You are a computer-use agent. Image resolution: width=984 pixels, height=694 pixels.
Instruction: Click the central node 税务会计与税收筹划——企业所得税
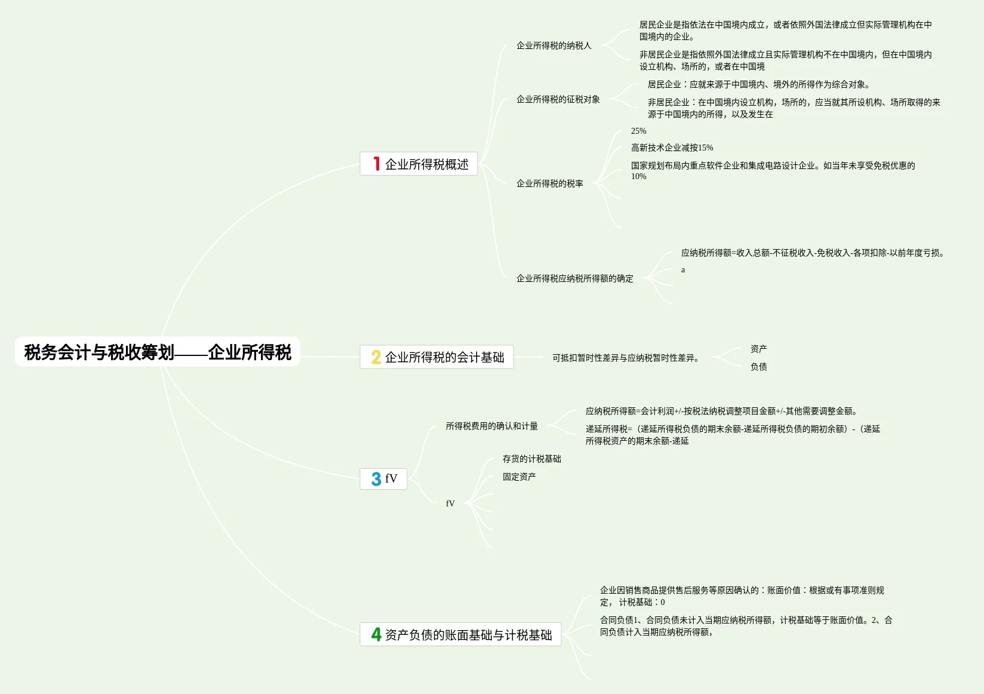pos(158,352)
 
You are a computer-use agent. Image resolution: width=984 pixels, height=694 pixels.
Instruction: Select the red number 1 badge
pos(376,164)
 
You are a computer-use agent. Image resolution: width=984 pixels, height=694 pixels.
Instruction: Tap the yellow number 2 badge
pos(376,357)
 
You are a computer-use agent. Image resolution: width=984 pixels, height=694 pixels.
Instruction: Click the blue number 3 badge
pos(376,479)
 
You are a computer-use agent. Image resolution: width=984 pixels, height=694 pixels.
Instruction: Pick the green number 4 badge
pos(376,634)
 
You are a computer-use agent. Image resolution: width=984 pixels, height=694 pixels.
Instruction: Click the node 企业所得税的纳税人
pos(553,45)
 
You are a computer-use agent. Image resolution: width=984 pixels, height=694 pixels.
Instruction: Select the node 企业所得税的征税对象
pos(558,99)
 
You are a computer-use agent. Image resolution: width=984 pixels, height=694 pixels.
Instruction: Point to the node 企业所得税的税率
pos(549,183)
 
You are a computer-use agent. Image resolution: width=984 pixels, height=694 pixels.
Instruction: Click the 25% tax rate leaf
pos(638,131)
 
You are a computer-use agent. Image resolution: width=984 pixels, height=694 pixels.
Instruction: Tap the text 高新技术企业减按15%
pos(672,148)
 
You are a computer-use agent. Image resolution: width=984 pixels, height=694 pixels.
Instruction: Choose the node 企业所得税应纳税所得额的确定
pos(574,278)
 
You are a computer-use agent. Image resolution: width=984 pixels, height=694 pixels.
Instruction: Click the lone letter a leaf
pos(683,270)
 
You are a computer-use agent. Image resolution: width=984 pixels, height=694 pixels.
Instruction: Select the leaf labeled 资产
pos(758,349)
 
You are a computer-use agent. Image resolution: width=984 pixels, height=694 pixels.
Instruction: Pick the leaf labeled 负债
pos(758,367)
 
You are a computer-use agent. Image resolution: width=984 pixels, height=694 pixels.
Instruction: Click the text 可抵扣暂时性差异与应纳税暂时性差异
pos(625,358)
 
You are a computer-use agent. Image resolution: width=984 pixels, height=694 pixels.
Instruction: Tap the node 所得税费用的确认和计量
pos(491,426)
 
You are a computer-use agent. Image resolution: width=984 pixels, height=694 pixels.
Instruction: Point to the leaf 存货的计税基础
pos(531,459)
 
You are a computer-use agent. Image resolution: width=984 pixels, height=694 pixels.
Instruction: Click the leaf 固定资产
pos(519,477)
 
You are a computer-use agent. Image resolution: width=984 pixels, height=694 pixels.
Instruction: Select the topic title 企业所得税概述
pos(426,164)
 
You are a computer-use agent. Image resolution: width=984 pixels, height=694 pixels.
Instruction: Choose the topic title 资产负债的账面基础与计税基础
pos(468,635)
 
